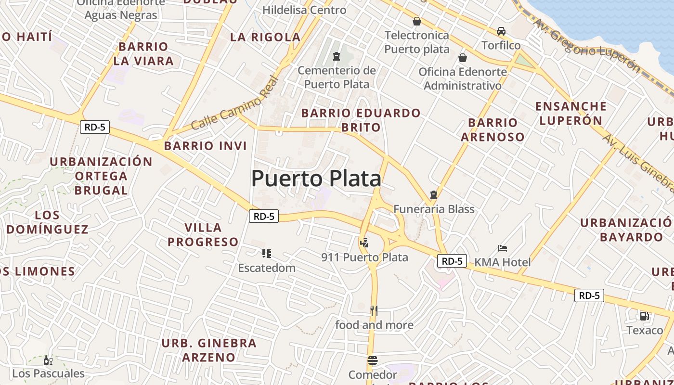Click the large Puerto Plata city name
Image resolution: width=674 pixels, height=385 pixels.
316,179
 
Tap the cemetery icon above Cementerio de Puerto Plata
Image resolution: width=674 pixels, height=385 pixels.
336,57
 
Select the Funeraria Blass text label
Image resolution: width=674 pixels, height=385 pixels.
434,209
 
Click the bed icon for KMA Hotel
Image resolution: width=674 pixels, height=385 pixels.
503,248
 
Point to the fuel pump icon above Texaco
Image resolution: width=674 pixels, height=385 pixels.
644,316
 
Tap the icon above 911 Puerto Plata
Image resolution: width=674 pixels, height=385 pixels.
364,243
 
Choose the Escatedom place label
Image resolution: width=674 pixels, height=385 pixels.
267,268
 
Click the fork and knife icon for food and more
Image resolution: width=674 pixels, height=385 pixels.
374,311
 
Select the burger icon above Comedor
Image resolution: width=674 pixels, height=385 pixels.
372,360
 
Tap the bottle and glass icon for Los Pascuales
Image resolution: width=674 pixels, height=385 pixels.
48,360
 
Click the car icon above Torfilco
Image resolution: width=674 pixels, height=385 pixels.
501,31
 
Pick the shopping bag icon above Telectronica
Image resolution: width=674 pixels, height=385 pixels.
416,21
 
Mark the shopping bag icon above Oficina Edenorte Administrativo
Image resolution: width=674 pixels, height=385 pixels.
463,58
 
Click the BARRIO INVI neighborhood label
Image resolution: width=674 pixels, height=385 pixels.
206,146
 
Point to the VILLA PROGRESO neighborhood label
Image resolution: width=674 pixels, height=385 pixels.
203,234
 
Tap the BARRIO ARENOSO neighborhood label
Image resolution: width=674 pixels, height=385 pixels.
493,129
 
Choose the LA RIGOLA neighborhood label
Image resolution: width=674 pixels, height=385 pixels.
265,37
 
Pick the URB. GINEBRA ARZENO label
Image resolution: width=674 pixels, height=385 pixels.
209,350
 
